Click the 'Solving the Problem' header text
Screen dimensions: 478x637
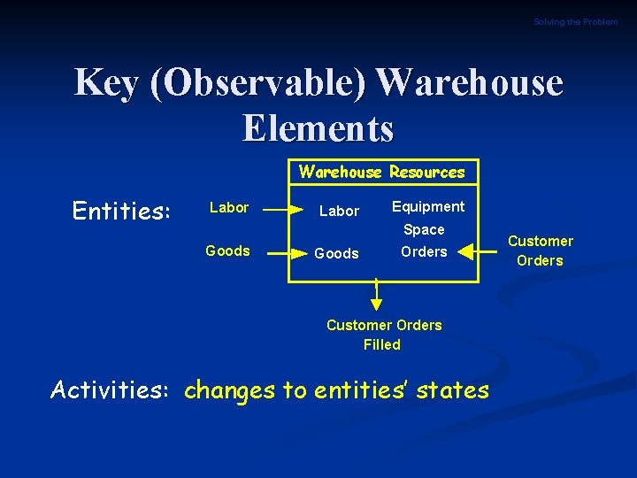(575, 21)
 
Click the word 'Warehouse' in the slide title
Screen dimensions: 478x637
(470, 83)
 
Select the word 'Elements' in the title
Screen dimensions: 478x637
(318, 127)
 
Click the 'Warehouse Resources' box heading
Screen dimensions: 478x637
(381, 172)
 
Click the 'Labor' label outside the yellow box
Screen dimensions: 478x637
(228, 207)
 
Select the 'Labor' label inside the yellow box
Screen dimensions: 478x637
(339, 211)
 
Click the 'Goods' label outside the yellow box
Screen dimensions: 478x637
(227, 251)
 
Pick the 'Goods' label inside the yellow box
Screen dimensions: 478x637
(337, 253)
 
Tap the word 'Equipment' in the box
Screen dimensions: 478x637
(428, 206)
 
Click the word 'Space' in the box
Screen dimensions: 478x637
(424, 229)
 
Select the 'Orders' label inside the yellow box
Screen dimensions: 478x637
(424, 251)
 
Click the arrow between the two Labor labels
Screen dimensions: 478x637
(283, 210)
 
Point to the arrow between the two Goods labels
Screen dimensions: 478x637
(283, 252)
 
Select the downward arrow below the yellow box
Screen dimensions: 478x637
(376, 296)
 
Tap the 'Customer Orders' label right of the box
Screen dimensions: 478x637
(540, 251)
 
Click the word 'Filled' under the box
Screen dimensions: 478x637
(382, 344)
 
